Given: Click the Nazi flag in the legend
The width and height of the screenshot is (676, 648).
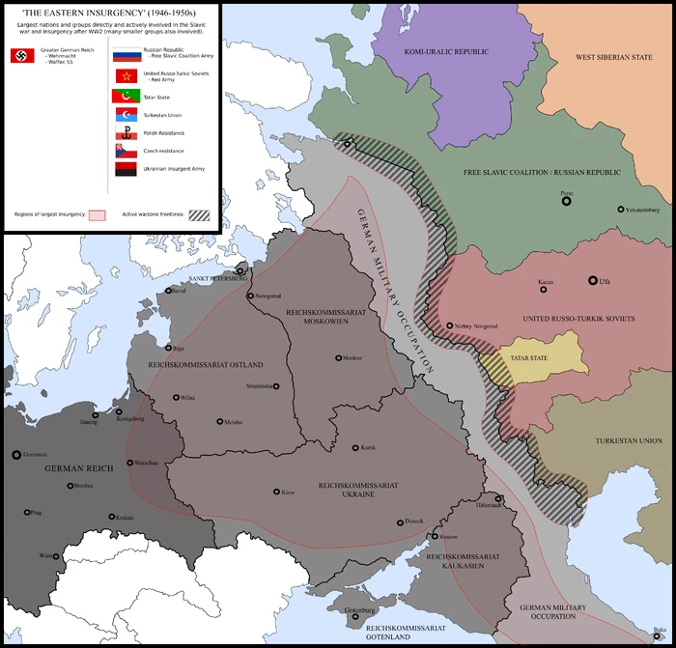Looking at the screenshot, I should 21,57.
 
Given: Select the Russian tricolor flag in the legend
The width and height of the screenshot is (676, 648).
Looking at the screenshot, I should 125,54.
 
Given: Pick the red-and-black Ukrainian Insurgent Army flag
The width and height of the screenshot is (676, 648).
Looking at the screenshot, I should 125,169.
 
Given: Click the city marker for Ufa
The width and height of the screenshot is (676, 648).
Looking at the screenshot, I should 592,281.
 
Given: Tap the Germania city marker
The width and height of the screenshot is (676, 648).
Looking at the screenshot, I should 15,454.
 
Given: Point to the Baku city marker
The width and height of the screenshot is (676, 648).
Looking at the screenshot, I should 660,630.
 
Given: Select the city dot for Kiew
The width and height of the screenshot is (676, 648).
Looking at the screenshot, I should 277,492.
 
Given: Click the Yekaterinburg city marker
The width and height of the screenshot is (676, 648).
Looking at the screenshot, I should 621,209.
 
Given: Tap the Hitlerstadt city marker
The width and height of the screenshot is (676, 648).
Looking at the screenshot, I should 498,499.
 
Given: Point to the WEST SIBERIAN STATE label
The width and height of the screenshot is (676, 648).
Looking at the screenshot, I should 614,57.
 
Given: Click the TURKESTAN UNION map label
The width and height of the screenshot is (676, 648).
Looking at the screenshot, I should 628,440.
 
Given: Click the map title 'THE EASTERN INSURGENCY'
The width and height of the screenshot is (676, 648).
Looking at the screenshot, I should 111,12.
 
